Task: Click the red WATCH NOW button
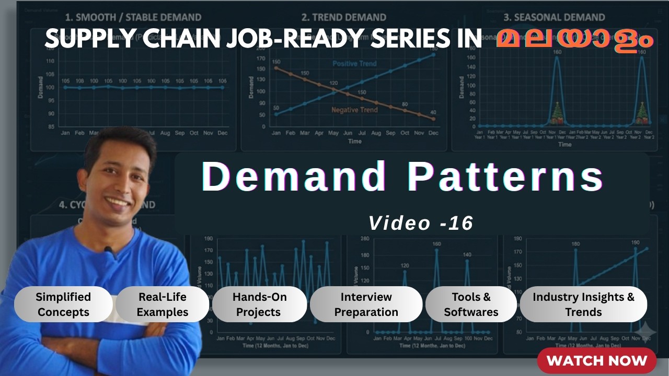tap(596, 360)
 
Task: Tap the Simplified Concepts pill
tap(63, 304)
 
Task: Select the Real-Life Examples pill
tap(163, 304)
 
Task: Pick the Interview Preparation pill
tap(366, 304)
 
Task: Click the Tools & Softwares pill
tap(471, 304)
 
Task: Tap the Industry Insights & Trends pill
tap(583, 304)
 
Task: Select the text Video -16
tap(421, 223)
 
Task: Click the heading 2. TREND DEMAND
tap(343, 17)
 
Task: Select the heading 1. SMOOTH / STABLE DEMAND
tap(133, 17)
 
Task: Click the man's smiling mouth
tap(118, 201)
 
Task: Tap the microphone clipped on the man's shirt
tap(109, 251)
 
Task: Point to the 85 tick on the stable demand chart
tap(50, 126)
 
